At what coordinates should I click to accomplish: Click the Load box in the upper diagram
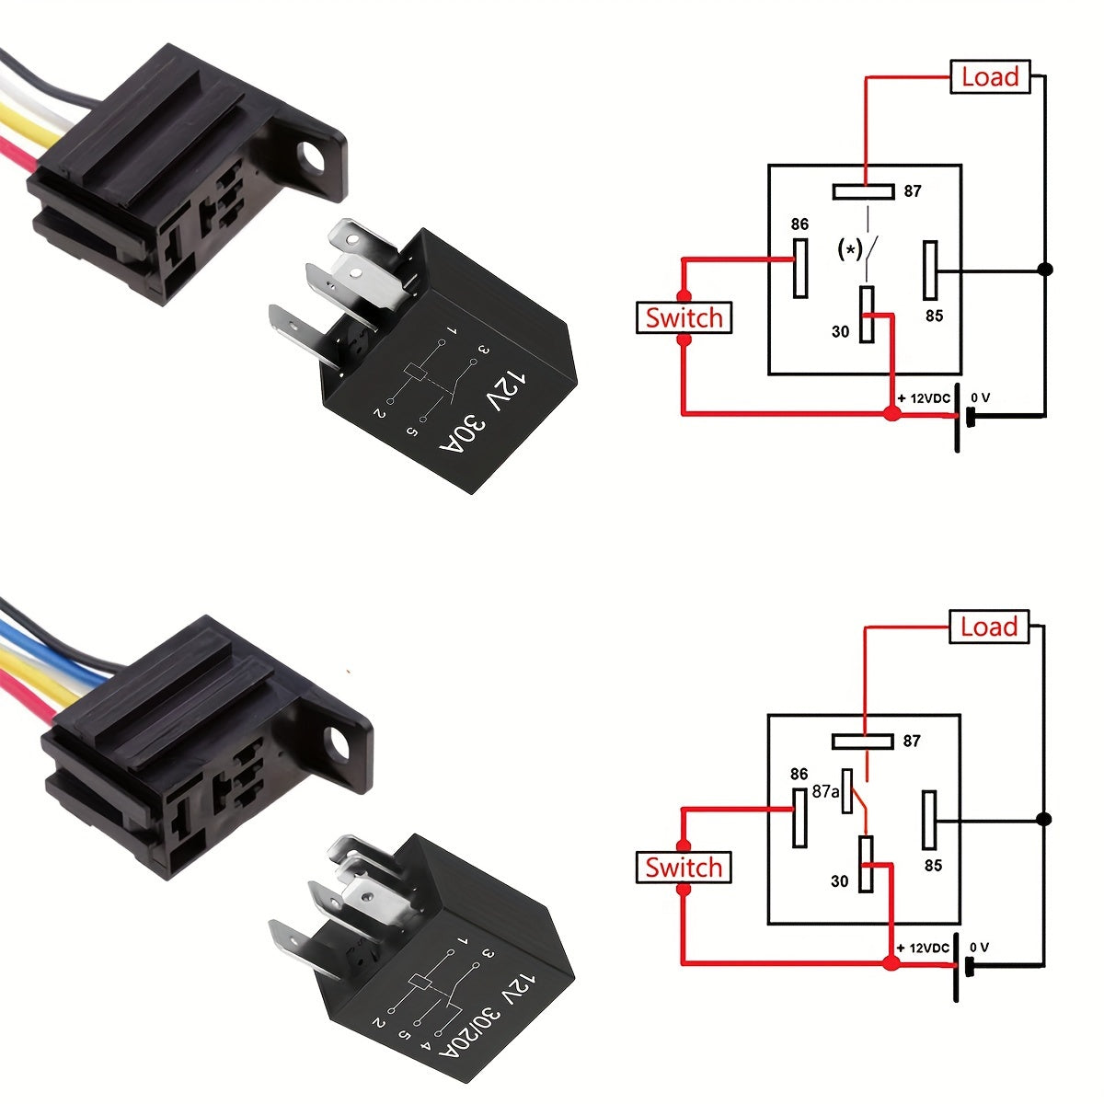(990, 76)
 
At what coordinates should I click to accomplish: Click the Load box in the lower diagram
(989, 627)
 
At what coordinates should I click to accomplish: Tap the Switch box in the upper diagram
(684, 317)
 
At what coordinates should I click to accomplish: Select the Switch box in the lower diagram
(684, 867)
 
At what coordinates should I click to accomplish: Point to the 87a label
(825, 791)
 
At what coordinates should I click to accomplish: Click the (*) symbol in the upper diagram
(849, 248)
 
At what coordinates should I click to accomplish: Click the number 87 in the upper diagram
(912, 191)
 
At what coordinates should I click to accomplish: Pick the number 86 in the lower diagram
(799, 775)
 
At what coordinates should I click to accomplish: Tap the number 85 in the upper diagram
(934, 316)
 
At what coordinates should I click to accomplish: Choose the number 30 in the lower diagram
(839, 880)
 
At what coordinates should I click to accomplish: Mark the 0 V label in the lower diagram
(980, 948)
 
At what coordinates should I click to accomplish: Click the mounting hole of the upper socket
(314, 155)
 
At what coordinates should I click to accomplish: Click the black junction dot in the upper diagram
(1044, 270)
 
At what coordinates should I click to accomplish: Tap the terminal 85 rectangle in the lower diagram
(930, 819)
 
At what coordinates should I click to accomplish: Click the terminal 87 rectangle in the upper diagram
(863, 191)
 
